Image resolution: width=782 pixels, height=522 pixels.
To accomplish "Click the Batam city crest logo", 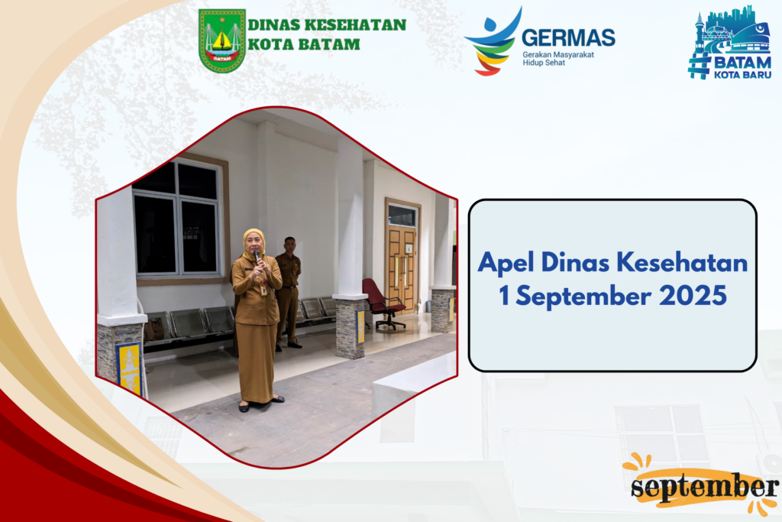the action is click(222, 41).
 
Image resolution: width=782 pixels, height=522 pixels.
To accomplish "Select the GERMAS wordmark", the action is click(568, 38).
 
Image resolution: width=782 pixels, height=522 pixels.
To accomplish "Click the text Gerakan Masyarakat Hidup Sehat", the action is click(558, 58).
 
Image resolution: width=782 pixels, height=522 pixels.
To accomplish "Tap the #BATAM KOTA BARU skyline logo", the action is click(729, 43).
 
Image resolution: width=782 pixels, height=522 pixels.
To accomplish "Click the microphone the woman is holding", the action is click(257, 258).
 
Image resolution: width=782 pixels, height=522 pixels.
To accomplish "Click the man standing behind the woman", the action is click(288, 293).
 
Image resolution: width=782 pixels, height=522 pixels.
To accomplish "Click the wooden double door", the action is click(402, 268).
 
